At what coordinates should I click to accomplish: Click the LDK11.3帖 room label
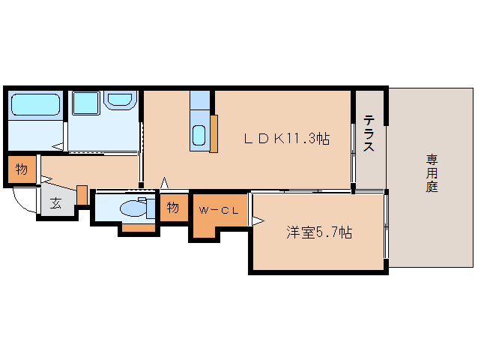(x=286, y=139)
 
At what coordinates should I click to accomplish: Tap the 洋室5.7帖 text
(x=318, y=232)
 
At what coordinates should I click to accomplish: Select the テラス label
(x=369, y=133)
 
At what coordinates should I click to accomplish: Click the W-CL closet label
(x=218, y=211)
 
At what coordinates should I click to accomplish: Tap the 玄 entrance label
(x=56, y=202)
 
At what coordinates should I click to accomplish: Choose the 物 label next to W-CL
(x=173, y=208)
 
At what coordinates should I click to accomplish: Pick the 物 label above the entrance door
(x=22, y=170)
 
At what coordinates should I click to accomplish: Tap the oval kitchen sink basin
(x=199, y=136)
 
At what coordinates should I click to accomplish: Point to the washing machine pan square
(x=85, y=103)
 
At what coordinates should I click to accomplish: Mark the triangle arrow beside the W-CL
(x=257, y=220)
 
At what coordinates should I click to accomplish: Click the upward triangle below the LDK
(x=164, y=182)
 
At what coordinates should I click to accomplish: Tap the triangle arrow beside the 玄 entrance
(x=45, y=179)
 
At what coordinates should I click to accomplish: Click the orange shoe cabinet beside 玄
(x=82, y=194)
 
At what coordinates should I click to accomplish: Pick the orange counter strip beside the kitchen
(x=214, y=133)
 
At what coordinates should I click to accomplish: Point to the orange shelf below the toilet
(x=139, y=227)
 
